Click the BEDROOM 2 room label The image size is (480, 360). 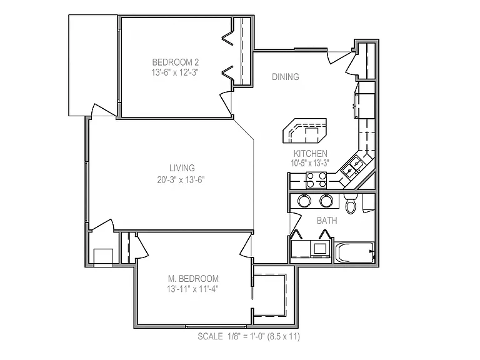point(176,62)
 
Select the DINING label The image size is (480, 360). point(285,76)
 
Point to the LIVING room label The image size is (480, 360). point(182,168)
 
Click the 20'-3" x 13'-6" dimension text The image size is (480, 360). point(181,180)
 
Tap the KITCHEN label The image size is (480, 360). point(311,153)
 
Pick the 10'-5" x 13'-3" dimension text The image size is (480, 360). point(310,163)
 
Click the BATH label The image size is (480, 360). point(327,221)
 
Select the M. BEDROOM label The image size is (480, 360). point(193,279)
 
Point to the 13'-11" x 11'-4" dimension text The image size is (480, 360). point(192,289)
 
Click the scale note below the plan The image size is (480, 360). point(249,336)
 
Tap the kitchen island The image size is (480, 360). point(304,131)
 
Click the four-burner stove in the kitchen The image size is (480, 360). point(316,180)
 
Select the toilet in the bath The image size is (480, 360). point(351,203)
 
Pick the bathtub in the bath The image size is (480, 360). point(354,252)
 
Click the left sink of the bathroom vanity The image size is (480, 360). point(304,201)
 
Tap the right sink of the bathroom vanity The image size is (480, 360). point(326,201)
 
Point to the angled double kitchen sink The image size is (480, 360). point(353,167)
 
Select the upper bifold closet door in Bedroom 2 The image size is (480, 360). point(227,37)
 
